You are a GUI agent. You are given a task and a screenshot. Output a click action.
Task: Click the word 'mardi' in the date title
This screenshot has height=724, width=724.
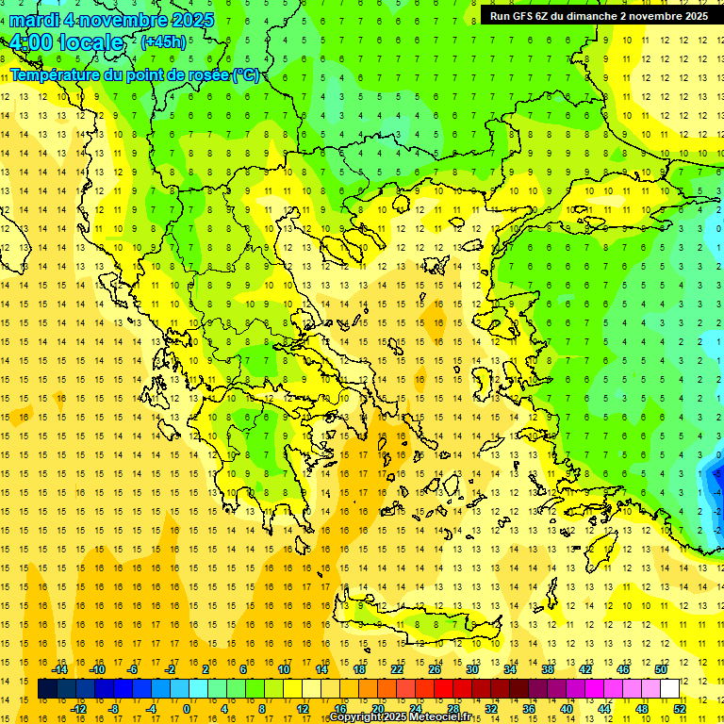34,20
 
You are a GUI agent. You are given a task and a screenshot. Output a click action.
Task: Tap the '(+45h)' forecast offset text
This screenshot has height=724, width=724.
163,41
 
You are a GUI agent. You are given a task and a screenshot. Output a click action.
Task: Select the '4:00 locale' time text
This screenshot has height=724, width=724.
66,42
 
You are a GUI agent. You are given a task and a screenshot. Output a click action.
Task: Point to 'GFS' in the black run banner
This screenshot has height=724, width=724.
526,16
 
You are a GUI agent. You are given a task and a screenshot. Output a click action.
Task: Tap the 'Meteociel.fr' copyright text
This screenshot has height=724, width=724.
446,716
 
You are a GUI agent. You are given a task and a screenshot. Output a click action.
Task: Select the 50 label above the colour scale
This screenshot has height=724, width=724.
660,669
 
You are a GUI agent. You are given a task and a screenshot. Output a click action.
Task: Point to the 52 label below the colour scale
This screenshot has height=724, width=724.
679,709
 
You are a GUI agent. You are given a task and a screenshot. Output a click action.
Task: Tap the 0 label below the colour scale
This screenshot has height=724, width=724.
187,709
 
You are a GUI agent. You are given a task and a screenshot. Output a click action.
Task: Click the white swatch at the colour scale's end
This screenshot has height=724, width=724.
669,689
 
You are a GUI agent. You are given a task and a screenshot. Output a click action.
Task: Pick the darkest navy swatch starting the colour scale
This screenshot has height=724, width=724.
47,689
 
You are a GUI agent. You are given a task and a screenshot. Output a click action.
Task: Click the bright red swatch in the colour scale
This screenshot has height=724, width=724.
443,689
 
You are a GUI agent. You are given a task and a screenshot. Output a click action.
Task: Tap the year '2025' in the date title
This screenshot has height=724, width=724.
189,20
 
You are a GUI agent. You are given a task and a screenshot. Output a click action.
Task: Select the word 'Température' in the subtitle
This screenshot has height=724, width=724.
53,74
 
